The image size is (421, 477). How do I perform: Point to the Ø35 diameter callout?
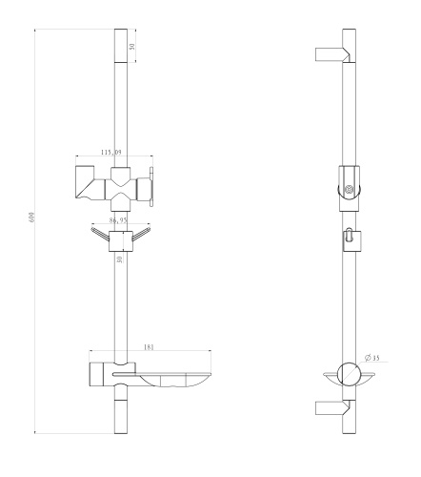371,359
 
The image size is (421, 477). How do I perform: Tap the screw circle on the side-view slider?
350,190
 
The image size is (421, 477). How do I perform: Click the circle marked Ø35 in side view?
350,373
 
